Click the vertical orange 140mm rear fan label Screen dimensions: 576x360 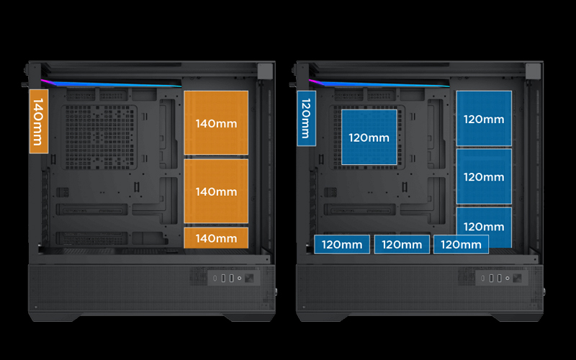[39, 121]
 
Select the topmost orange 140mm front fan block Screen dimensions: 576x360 [216, 122]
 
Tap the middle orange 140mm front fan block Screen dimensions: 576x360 [216, 191]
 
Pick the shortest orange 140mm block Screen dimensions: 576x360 [216, 238]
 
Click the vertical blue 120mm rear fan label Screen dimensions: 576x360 [307, 118]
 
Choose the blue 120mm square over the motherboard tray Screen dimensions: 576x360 [369, 137]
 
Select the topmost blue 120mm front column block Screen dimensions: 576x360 [484, 118]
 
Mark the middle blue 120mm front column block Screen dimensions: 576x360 [484, 176]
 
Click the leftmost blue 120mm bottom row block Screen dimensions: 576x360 [342, 244]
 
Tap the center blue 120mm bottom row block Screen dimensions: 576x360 [402, 244]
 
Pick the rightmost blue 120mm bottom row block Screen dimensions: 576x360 [461, 244]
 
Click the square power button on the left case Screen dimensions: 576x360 [249, 278]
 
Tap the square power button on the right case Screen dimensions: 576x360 [517, 278]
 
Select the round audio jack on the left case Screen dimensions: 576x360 [240, 278]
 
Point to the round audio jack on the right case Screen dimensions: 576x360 [508, 278]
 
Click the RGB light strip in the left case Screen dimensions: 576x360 [111, 84]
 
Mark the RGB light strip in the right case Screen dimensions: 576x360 [379, 84]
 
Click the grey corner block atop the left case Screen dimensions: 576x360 [265, 71]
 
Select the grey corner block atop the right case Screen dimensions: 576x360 [533, 71]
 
